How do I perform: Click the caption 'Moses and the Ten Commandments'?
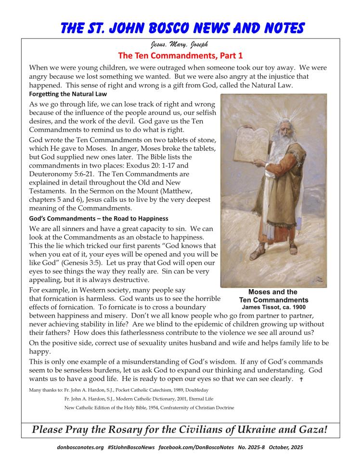click(273, 295)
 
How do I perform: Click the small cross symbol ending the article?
click(301, 380)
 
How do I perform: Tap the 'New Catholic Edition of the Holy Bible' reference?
click(149, 408)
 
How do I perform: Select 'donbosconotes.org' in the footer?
click(79, 447)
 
